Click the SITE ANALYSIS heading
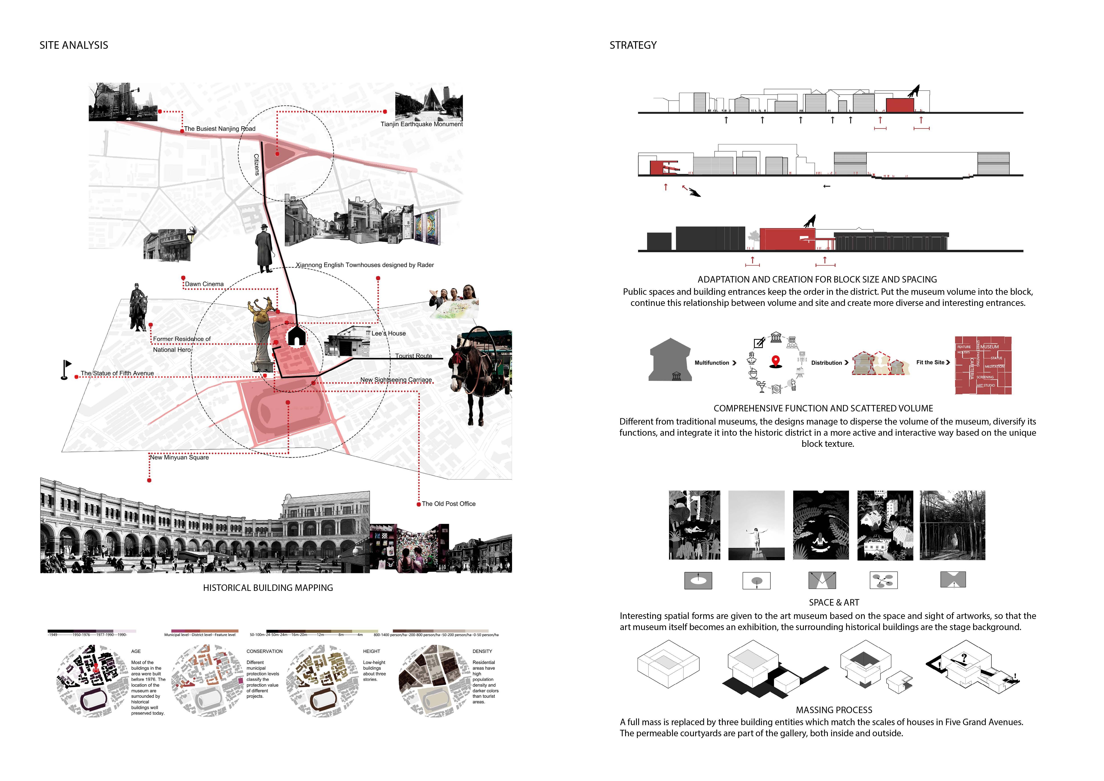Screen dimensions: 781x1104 coord(74,45)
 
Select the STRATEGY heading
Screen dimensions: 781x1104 coord(633,45)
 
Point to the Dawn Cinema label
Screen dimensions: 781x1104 coord(204,284)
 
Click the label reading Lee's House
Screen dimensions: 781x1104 coord(389,333)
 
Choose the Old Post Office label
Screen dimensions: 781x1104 coord(449,504)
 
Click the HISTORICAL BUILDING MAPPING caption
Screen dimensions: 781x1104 coord(268,588)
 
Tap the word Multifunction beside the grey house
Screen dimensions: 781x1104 coord(712,363)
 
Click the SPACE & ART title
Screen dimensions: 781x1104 coord(834,603)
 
